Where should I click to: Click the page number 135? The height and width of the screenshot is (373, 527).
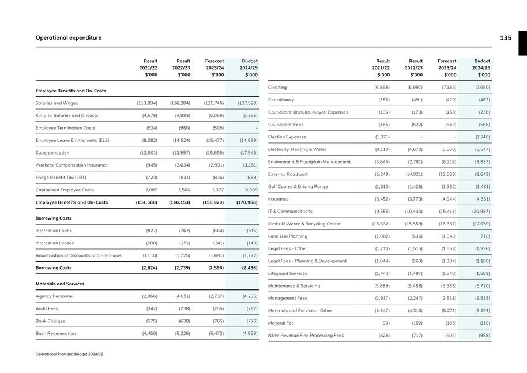tap(505, 38)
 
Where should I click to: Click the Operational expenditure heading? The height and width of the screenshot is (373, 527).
tap(69, 38)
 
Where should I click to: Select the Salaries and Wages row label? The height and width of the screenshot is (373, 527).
tap(57, 103)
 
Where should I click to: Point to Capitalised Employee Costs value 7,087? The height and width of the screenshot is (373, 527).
tap(149, 190)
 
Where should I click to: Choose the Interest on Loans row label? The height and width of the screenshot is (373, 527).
tap(54, 231)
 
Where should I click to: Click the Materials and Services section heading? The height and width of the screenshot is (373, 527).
tap(60, 284)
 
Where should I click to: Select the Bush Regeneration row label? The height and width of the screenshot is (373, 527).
tap(55, 333)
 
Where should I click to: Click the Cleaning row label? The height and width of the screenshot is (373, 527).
tap(277, 88)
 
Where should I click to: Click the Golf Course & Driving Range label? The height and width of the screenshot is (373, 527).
tap(298, 186)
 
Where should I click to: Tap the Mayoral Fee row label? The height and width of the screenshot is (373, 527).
tap(281, 323)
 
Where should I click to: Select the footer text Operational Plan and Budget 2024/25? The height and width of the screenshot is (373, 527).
tap(69, 354)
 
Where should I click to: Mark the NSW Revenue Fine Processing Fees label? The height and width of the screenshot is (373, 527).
tap(306, 335)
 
